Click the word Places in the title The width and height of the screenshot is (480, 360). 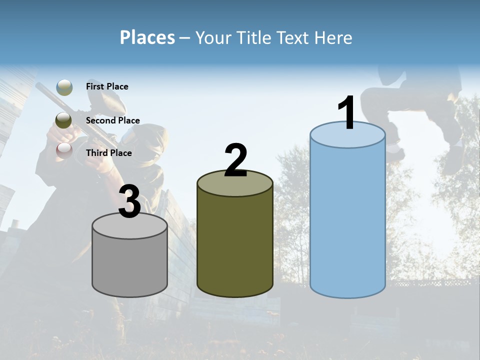pyautogui.click(x=147, y=37)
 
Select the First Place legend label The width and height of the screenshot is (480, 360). pyautogui.click(x=107, y=86)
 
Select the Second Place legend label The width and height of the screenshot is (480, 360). pyautogui.click(x=112, y=120)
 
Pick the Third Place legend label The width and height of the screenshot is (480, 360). pyautogui.click(x=108, y=153)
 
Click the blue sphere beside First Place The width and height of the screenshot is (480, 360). pyautogui.click(x=64, y=87)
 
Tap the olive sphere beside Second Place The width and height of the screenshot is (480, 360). pyautogui.click(x=64, y=120)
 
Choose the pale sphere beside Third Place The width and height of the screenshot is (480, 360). pyautogui.click(x=64, y=150)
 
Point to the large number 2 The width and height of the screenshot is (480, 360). pyautogui.click(x=235, y=160)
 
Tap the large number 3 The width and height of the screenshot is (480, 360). pyautogui.click(x=129, y=201)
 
